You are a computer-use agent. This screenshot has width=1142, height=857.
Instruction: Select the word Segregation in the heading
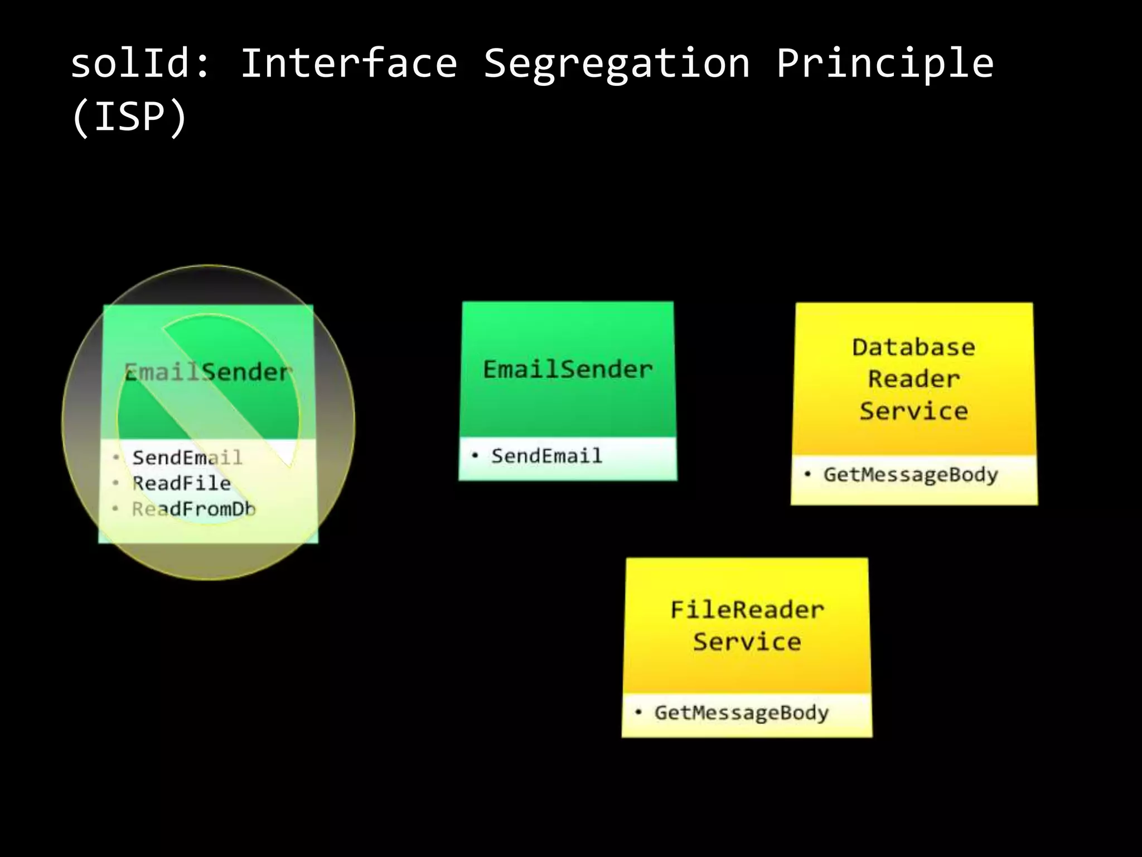click(x=616, y=64)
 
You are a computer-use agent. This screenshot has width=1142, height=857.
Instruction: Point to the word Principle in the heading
click(x=885, y=64)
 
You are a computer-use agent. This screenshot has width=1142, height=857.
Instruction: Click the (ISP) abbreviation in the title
click(x=129, y=117)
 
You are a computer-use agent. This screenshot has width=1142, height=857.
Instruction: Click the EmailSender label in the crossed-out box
click(x=207, y=372)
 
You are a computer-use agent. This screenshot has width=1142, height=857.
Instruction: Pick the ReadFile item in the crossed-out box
click(x=181, y=483)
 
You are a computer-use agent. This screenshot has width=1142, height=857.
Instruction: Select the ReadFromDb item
click(x=193, y=509)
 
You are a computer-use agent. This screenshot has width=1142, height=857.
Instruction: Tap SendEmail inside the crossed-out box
click(x=187, y=458)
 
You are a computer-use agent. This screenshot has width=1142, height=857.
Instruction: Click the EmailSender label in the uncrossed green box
click(x=568, y=369)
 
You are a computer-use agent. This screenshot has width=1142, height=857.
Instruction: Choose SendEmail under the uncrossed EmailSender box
click(x=546, y=456)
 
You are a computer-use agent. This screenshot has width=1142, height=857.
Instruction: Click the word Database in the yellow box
click(x=914, y=348)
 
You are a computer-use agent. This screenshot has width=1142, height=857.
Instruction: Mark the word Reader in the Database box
click(x=914, y=379)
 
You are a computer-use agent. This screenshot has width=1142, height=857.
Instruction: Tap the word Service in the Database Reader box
click(x=914, y=411)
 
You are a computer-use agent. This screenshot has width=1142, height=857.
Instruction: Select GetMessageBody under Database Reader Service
click(x=911, y=475)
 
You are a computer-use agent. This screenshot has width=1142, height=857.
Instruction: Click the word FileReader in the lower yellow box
click(x=747, y=610)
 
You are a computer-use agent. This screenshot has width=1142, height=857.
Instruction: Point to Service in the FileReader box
click(x=747, y=642)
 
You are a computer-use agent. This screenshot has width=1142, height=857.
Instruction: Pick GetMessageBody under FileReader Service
click(x=742, y=712)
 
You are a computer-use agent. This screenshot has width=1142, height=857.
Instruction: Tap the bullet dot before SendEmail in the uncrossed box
click(x=475, y=455)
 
